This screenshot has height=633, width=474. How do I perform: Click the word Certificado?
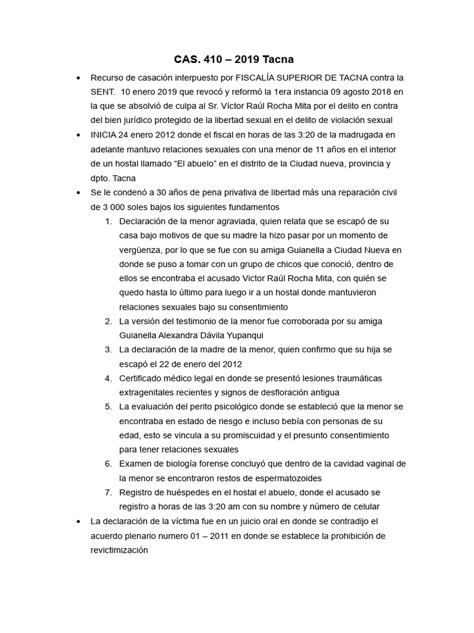point(144,378)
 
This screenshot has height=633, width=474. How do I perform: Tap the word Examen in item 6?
point(136,464)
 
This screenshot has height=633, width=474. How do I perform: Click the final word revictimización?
point(119,550)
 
